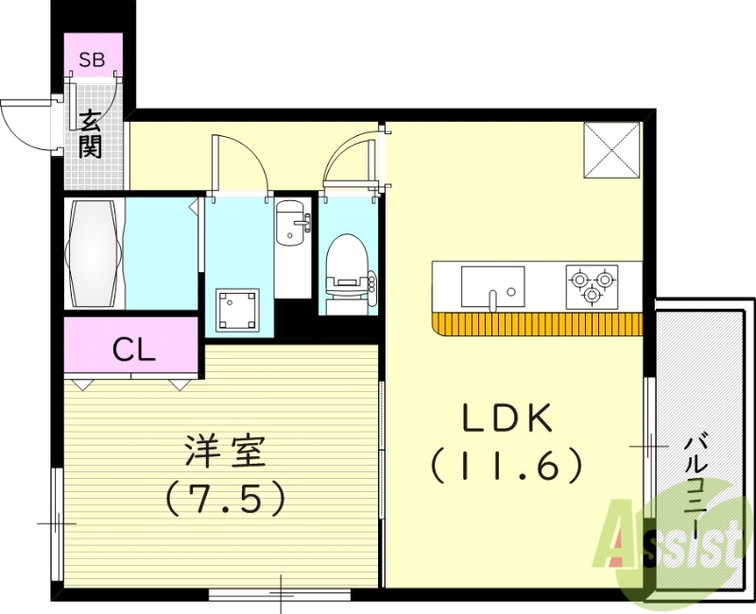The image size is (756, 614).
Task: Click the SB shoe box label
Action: coord(93,60)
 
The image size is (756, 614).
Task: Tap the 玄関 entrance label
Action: coord(92,134)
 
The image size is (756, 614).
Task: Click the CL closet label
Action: coord(133,350)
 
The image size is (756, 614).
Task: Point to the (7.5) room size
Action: coord(225,498)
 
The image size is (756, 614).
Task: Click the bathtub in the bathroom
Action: coord(93,252)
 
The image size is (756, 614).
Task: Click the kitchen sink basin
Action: coord(492,284)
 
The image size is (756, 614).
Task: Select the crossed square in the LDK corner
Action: coord(612,149)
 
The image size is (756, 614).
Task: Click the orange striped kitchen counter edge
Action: coord(537,325)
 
